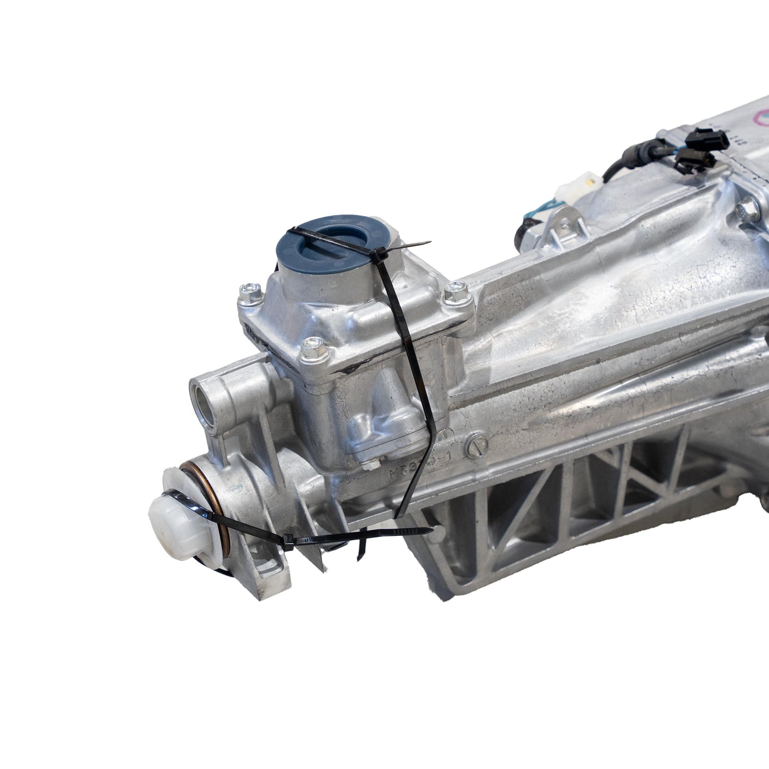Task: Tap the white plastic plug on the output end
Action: point(169,514)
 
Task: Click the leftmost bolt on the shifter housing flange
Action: point(249,293)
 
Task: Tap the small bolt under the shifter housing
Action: point(368,466)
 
